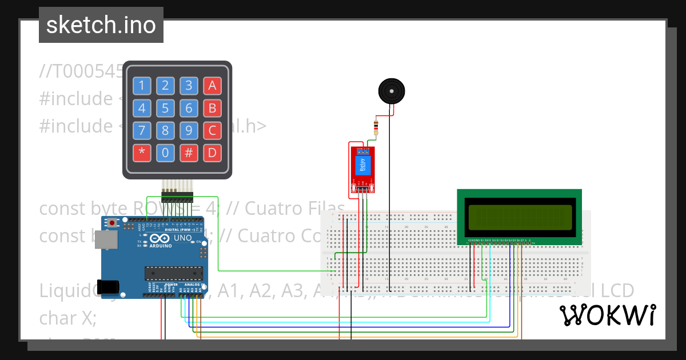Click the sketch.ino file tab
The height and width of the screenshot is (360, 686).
coord(101,25)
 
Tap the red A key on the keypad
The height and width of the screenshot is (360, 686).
coord(212,86)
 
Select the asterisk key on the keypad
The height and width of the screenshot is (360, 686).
coord(142,153)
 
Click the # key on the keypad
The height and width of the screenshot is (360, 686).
coord(189,153)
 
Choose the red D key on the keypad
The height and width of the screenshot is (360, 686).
coord(212,153)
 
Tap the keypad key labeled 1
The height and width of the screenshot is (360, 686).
coord(142,86)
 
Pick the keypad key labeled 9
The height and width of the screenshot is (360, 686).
coord(189,130)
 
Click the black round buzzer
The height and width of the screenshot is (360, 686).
coord(392,91)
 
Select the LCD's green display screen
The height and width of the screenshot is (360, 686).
coord(520,217)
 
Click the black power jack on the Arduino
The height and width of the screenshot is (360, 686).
coord(109,286)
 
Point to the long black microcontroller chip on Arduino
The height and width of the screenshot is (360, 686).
coord(173,274)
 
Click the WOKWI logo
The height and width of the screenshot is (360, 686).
coord(607,315)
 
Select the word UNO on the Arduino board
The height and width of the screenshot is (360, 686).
coord(182,238)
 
